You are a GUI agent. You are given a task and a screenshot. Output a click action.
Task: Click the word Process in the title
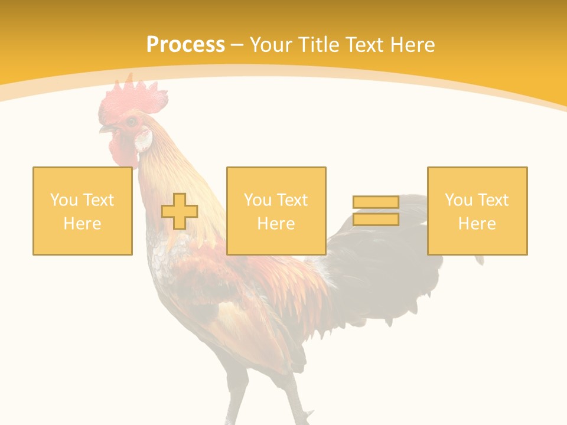[185, 45]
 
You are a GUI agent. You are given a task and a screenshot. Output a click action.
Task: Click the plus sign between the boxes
[180, 211]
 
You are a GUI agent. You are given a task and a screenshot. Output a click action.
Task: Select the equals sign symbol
[376, 211]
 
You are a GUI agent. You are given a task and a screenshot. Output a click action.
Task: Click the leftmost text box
[83, 211]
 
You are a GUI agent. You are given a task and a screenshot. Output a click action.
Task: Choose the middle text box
[276, 211]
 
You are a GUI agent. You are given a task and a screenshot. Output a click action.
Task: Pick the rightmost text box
[477, 211]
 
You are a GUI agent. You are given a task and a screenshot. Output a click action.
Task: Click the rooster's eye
[131, 122]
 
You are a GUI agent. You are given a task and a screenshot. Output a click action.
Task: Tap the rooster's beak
[106, 128]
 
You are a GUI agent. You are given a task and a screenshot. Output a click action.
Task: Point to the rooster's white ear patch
[143, 140]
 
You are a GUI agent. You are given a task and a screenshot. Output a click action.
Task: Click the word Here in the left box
[83, 223]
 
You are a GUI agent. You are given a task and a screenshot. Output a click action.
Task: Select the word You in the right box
[458, 200]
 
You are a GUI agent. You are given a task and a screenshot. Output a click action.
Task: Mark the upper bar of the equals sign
[376, 202]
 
